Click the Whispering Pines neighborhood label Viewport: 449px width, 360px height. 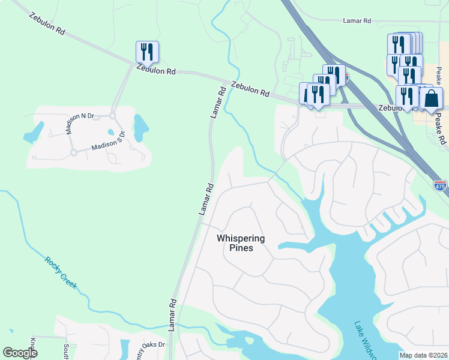pyautogui.click(x=240, y=243)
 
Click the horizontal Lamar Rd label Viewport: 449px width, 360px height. pyautogui.click(x=357, y=21)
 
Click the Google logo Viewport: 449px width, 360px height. pyautogui.click(x=20, y=353)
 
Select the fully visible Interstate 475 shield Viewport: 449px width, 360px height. pyautogui.click(x=440, y=185)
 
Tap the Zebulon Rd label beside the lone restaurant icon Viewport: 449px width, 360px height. pyautogui.click(x=155, y=70)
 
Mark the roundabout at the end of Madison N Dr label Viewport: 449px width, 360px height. pyautogui.click(x=112, y=115)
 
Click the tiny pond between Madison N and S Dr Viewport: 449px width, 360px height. pyautogui.click(x=110, y=132)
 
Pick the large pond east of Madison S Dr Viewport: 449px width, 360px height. pyautogui.click(x=141, y=128)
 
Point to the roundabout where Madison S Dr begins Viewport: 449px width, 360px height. pyautogui.click(x=74, y=152)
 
